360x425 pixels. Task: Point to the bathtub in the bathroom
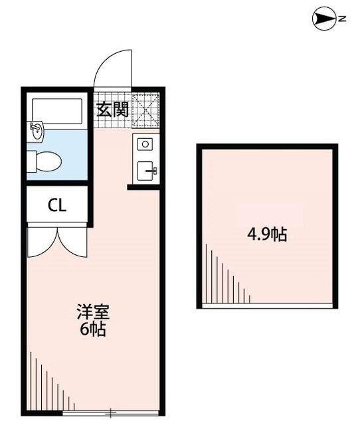pyautogui.click(x=59, y=110)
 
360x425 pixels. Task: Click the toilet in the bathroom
pyautogui.click(x=46, y=160)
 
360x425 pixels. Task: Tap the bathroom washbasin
pyautogui.click(x=36, y=131)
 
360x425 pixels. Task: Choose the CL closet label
pyautogui.click(x=56, y=205)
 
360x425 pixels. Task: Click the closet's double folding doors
pyautogui.click(x=56, y=242)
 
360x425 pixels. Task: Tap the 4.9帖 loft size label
pyautogui.click(x=267, y=234)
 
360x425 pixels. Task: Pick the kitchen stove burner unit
pyautogui.click(x=145, y=143)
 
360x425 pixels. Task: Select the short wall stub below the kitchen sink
pyautogui.click(x=143, y=187)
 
